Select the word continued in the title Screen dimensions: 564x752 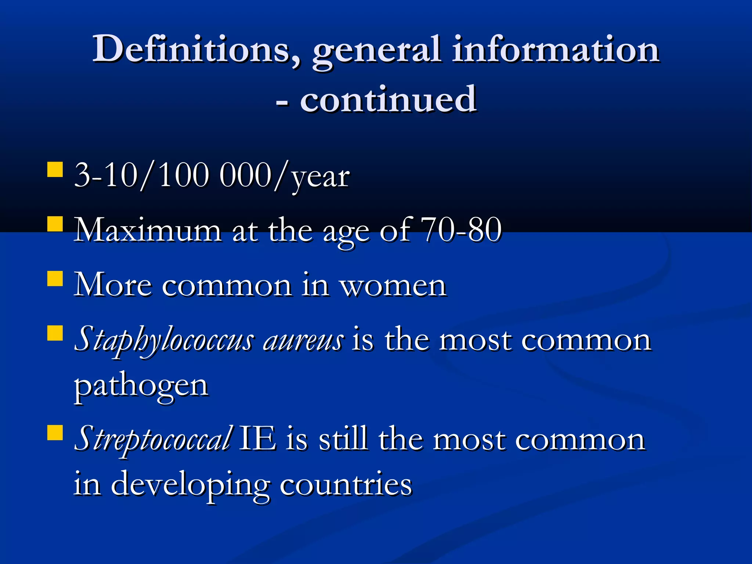[388, 99]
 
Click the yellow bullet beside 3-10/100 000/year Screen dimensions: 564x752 [55, 170]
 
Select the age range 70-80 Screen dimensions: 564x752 [461, 230]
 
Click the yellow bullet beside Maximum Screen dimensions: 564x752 [55, 224]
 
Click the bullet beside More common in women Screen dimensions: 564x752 [55, 278]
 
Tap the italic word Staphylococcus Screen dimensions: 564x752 [164, 340]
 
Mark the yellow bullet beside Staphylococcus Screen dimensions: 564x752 [55, 333]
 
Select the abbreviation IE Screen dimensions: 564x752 [257, 438]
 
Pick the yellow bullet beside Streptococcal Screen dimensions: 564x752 [55, 432]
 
